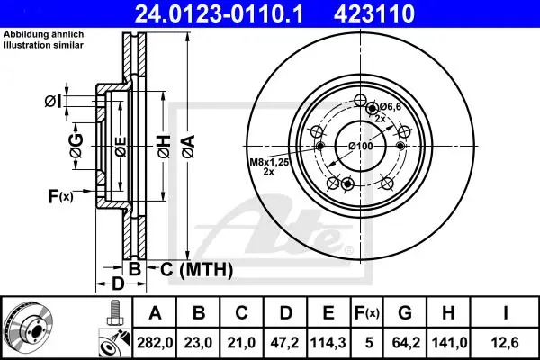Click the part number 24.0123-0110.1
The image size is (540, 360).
[220, 13]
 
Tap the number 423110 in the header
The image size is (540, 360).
[374, 13]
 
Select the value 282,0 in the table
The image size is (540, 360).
[155, 343]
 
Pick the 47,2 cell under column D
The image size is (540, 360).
[284, 343]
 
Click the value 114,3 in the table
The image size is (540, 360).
[328, 343]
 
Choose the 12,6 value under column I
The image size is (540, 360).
[505, 343]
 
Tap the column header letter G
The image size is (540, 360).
[405, 313]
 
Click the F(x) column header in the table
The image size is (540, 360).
[367, 313]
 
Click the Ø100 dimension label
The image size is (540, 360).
[361, 146]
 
